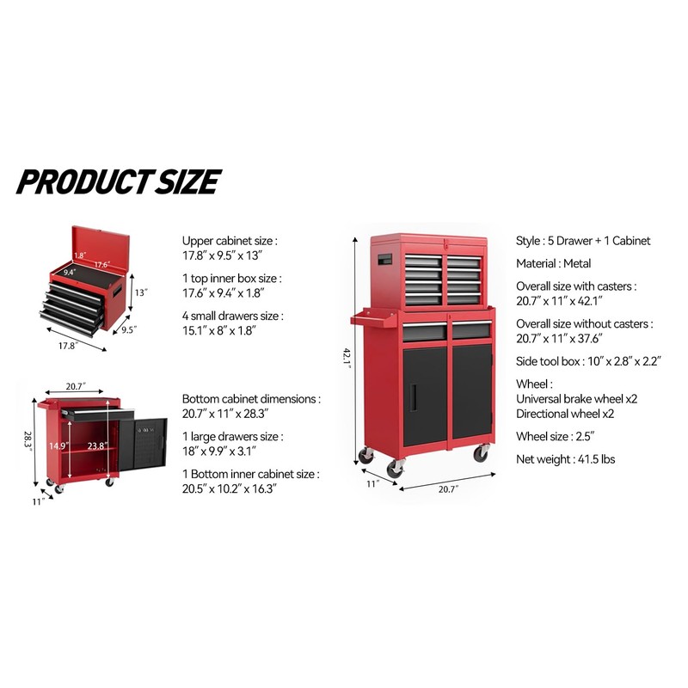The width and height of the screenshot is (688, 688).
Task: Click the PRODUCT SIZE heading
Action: (118, 182)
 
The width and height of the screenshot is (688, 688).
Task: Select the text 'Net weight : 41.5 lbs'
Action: (565, 460)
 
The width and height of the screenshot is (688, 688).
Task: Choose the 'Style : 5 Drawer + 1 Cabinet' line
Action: (583, 241)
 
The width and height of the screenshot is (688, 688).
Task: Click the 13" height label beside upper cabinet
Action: (142, 293)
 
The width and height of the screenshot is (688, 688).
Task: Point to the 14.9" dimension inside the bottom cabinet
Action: (58, 445)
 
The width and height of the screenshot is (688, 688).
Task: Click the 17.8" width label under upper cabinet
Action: (67, 346)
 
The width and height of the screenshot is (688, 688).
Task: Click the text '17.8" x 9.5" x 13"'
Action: (223, 255)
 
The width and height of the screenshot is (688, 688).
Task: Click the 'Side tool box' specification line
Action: (588, 361)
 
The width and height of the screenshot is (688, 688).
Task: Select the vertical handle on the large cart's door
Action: (415, 396)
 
